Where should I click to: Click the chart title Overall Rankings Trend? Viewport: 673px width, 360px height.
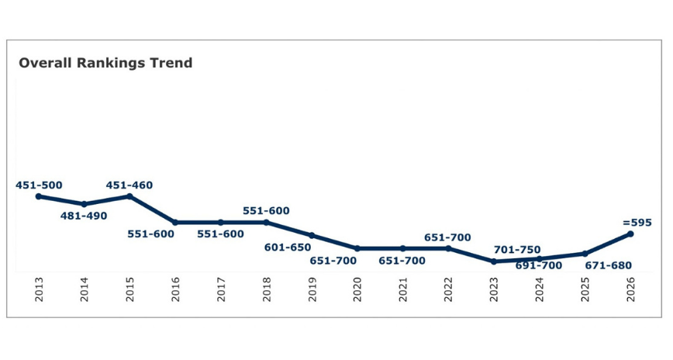click(105, 64)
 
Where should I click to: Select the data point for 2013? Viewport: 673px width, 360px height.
click(39, 196)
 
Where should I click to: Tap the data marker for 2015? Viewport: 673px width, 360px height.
click(129, 196)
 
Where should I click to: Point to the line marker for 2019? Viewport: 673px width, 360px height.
click(312, 235)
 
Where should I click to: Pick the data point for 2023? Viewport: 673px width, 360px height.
click(494, 261)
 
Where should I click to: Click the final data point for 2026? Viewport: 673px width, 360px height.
click(630, 234)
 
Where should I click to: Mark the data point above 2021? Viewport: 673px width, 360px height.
click(402, 248)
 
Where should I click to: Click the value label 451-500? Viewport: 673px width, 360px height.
click(39, 185)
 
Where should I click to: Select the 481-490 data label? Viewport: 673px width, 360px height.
click(84, 216)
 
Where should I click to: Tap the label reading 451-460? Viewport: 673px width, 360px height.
click(129, 185)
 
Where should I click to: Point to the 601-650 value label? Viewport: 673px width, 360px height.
click(288, 247)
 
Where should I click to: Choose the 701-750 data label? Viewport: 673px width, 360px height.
click(517, 250)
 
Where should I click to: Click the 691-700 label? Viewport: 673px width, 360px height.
click(539, 266)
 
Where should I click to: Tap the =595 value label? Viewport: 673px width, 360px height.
click(637, 223)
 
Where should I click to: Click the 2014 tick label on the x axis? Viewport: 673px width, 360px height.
click(85, 293)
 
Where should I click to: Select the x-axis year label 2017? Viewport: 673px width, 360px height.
click(221, 293)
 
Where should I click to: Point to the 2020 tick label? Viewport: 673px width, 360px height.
click(357, 293)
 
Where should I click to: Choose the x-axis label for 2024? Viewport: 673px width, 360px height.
click(540, 293)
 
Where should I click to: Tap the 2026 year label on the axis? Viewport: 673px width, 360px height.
click(631, 293)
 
